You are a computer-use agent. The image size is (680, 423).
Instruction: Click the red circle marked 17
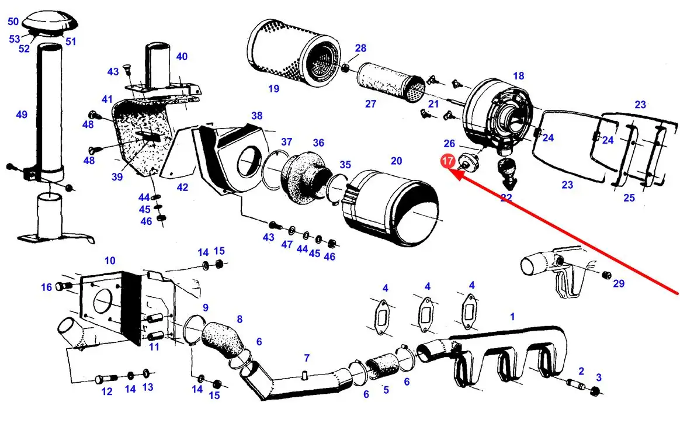[x=448, y=161]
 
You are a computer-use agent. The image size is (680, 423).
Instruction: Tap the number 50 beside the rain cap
[x=13, y=22]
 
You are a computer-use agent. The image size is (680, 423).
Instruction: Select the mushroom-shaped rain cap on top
[x=53, y=22]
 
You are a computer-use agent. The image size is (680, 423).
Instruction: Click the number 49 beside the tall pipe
[x=22, y=115]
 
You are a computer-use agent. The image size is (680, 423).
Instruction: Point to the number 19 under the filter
[x=273, y=89]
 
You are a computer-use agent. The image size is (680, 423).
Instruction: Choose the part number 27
[x=371, y=104]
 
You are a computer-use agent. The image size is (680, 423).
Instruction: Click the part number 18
[x=518, y=76]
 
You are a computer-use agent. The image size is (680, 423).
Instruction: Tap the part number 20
[x=396, y=161]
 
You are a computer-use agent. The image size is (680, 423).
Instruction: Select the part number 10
[x=110, y=260]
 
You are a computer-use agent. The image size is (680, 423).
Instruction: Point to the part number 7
[x=307, y=358]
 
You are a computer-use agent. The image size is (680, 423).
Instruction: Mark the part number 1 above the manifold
[x=512, y=317]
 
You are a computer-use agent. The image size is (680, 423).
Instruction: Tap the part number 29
[x=619, y=284]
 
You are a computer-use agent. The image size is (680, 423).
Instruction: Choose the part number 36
[x=318, y=143]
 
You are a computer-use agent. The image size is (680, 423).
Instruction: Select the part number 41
[x=106, y=99]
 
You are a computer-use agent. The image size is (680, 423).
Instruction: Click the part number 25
[x=629, y=198]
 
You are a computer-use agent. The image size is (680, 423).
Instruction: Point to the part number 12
[x=106, y=391]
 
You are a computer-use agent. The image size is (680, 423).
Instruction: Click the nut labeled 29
[x=606, y=275]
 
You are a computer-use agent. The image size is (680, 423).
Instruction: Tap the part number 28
[x=360, y=48]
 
